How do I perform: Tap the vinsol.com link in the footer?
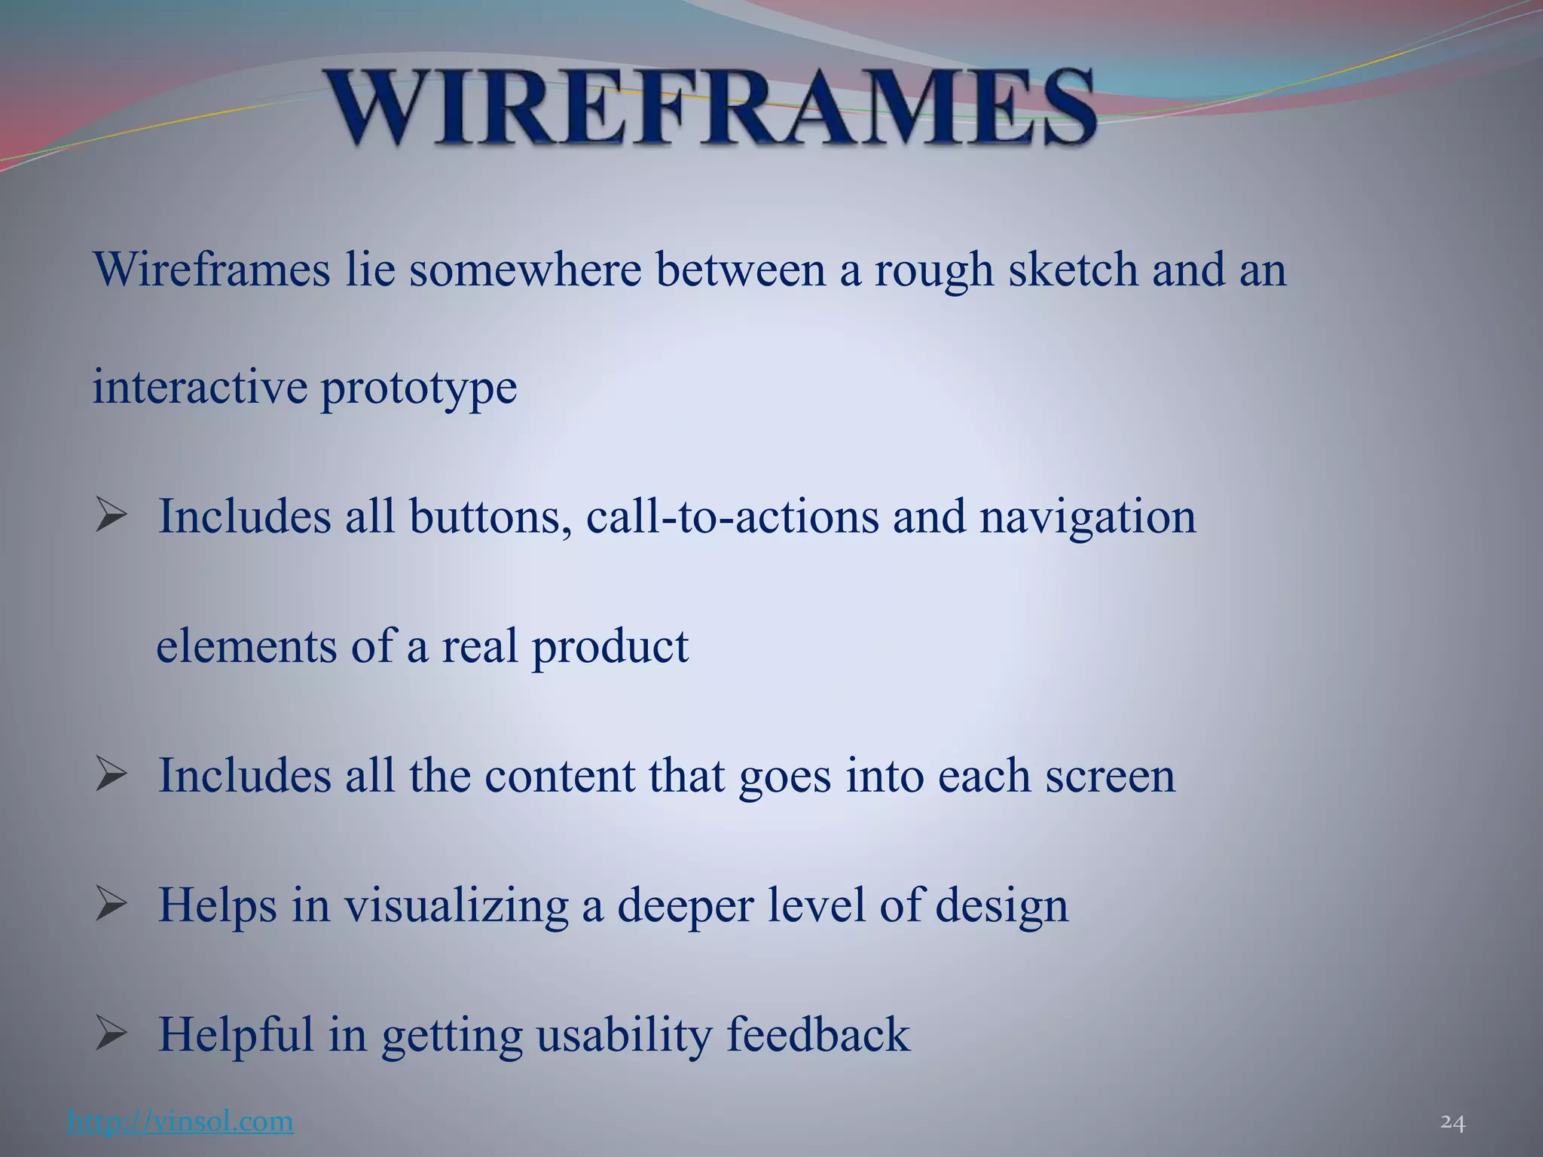(180, 1121)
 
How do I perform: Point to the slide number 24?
(1452, 1122)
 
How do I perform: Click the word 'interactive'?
(200, 387)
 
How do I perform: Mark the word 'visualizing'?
(457, 907)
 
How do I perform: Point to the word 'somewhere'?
(525, 270)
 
